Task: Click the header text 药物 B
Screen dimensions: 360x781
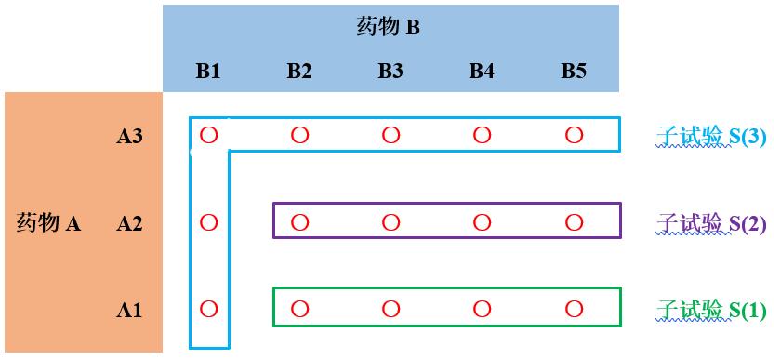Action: coord(389,27)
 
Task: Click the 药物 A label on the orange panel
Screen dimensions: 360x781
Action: coord(49,223)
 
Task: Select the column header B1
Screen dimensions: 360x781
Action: coord(208,71)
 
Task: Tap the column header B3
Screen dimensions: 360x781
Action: coord(390,71)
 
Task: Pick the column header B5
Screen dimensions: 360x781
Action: coord(574,71)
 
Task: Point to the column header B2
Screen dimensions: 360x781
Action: coord(299,71)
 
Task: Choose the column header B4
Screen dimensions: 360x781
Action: coord(482,71)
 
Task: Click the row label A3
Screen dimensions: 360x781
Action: coord(129,137)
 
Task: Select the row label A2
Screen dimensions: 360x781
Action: coord(129,223)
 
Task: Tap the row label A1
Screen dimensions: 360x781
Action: coord(129,310)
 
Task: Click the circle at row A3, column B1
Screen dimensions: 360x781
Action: coord(208,136)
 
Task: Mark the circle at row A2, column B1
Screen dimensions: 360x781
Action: coord(208,222)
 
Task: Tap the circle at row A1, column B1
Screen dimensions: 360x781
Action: coord(208,308)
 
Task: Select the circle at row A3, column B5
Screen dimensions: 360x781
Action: coord(574,136)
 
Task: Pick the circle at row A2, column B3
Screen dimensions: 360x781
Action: coord(390,222)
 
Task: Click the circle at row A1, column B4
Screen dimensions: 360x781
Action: coord(482,308)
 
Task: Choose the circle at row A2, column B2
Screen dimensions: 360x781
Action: coord(299,222)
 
